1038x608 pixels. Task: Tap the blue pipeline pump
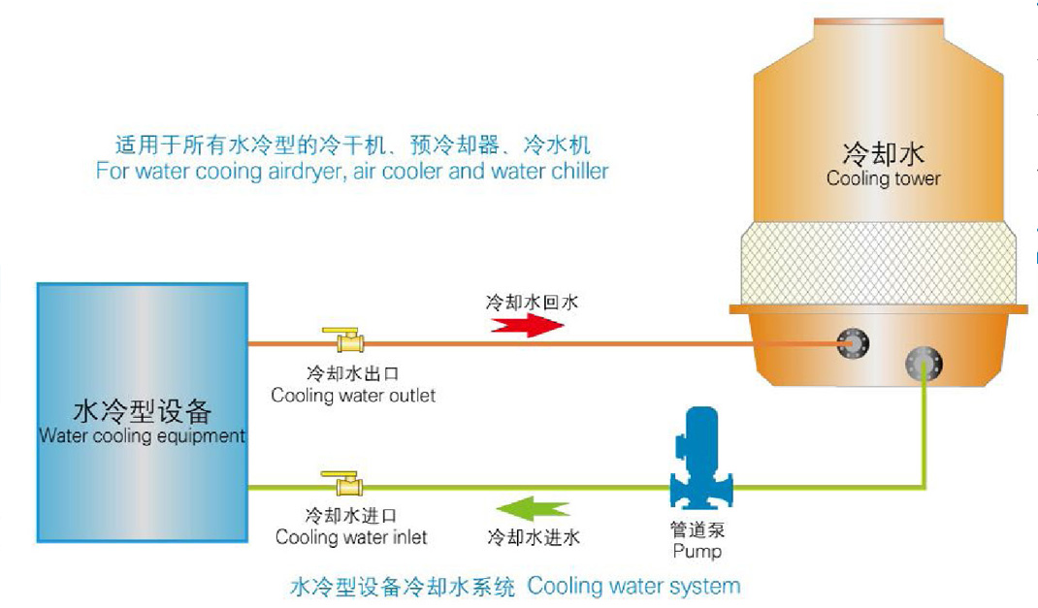click(x=701, y=462)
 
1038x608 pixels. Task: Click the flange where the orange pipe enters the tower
click(x=854, y=341)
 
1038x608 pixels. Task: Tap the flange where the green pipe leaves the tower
click(x=922, y=365)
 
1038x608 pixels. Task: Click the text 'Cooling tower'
click(x=883, y=178)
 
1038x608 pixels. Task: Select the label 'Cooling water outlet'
click(x=353, y=396)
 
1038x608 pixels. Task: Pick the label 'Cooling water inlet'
click(x=351, y=537)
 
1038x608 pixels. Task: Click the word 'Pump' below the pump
click(x=697, y=551)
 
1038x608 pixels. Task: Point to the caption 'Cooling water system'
click(x=633, y=586)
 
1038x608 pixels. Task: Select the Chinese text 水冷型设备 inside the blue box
click(x=142, y=411)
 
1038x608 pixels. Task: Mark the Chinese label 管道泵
click(x=697, y=530)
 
